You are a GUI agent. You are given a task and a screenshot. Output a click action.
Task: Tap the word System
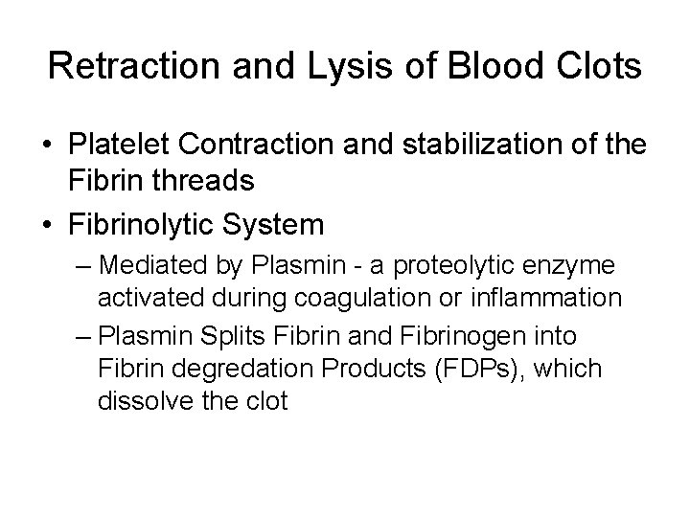pos(281,225)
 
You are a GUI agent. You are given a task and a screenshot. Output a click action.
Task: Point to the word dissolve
pos(138,401)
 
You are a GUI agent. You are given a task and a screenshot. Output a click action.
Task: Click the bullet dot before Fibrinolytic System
pos(47,226)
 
